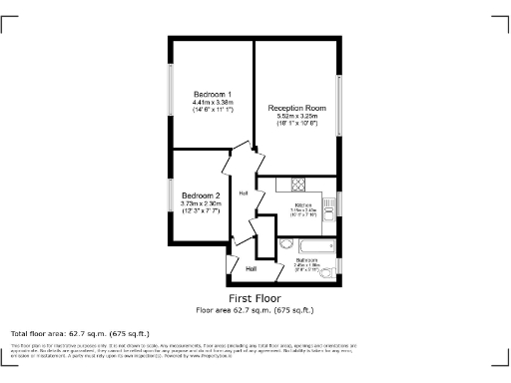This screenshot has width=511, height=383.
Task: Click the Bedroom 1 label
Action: point(213,93)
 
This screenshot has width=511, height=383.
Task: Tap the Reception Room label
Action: point(296,108)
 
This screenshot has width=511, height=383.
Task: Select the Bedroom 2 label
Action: point(200,195)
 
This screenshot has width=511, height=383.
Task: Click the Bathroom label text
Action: point(306,260)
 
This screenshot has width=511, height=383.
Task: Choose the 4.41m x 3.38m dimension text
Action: point(213,102)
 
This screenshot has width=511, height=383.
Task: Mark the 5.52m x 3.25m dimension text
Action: point(296,117)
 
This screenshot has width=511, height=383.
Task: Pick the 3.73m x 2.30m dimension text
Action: point(200,204)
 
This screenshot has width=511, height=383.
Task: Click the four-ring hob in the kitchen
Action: point(296,184)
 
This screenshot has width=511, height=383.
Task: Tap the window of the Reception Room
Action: point(341,106)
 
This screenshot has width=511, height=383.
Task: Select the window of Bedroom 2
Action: point(171,200)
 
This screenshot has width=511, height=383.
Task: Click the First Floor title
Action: point(255,298)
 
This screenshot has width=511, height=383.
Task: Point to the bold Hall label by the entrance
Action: point(252,268)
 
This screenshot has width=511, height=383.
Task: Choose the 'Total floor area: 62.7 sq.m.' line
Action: point(80,333)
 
